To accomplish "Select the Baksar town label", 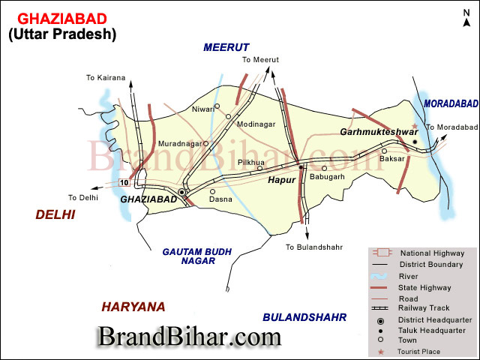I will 392,159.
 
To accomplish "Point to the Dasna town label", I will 220,200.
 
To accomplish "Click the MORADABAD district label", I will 451,103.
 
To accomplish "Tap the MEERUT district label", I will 226,47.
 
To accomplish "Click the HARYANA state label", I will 133,307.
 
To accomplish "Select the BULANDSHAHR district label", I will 304,317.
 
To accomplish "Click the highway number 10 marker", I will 123,183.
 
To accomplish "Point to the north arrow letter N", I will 466,23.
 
